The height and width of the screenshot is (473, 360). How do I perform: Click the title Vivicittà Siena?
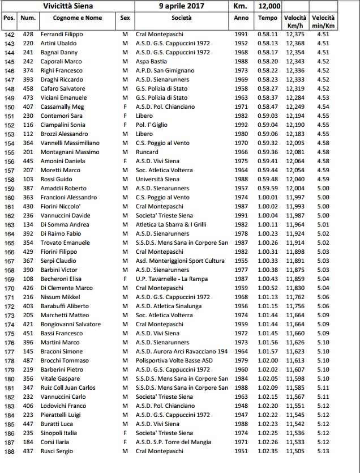[x=68, y=6]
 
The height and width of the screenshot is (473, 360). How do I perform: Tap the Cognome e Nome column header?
[x=78, y=18]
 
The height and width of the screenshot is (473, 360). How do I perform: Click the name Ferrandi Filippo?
[x=63, y=35]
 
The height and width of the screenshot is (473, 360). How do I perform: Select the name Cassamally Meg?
[x=62, y=107]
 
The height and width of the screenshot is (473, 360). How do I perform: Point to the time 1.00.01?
[x=268, y=198]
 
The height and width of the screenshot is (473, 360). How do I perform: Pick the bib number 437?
[x=27, y=451]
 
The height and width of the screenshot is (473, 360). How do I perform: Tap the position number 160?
[x=9, y=198]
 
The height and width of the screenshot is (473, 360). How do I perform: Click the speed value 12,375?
[x=295, y=35]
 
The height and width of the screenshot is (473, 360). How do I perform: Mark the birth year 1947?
[x=241, y=415]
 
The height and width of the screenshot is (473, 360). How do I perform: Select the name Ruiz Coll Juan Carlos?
[x=67, y=387]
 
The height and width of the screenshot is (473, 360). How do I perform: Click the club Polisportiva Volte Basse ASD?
[x=174, y=360]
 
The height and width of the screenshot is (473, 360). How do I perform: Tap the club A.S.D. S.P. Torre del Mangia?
[x=173, y=442]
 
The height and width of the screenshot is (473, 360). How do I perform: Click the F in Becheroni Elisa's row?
[x=125, y=279]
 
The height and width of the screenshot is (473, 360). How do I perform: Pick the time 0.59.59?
[x=268, y=189]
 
